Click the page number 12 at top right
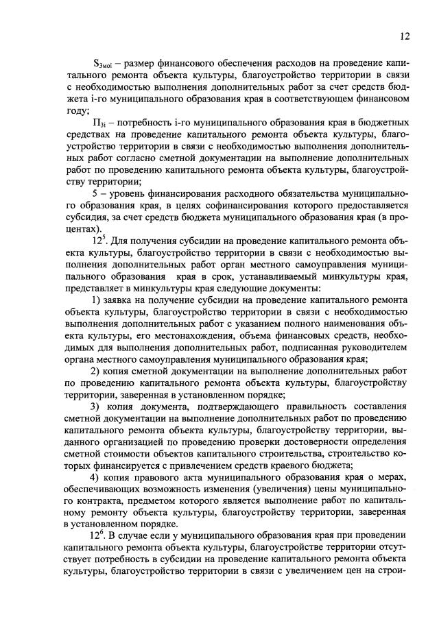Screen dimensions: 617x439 click(405, 36)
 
